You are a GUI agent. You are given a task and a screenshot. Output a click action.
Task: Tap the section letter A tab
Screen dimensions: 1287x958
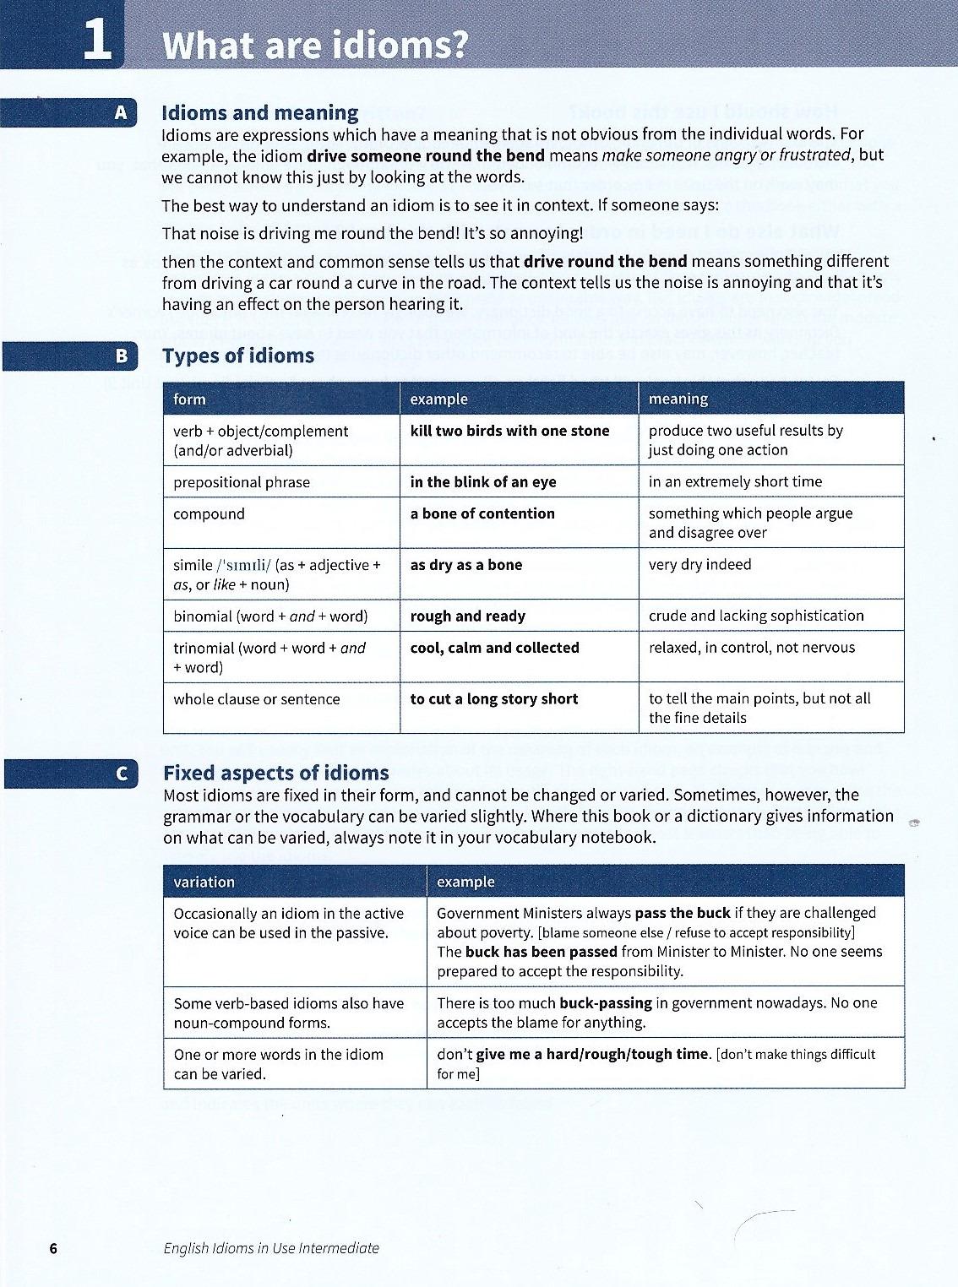pos(121,113)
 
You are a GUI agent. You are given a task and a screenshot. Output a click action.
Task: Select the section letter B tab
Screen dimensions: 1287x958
pos(122,356)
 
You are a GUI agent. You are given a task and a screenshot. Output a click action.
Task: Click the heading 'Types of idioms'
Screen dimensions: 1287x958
pos(238,356)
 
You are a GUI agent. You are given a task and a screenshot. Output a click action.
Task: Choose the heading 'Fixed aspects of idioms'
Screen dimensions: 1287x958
pos(275,773)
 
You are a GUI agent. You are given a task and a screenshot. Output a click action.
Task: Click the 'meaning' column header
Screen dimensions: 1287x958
pos(678,399)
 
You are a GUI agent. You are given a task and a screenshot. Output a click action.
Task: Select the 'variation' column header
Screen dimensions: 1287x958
pos(204,882)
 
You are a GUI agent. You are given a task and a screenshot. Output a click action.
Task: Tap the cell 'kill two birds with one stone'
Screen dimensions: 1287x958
pos(509,431)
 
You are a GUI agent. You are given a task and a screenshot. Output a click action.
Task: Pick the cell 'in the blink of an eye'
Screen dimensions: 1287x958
pos(482,482)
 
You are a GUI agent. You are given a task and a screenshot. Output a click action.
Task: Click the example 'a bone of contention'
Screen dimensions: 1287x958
pos(482,513)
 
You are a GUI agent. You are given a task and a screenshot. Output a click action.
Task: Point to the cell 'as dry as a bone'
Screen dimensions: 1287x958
pos(465,565)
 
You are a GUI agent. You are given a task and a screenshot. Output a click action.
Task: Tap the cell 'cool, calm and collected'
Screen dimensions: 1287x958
pos(494,648)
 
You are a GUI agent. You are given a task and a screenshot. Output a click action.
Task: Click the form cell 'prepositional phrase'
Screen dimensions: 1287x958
pos(242,482)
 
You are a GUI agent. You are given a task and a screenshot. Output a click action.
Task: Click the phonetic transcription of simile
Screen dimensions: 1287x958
pos(244,565)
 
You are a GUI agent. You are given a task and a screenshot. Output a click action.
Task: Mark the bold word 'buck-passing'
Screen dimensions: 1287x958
pos(606,1003)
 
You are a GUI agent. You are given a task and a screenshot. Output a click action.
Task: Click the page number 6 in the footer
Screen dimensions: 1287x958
pos(53,1248)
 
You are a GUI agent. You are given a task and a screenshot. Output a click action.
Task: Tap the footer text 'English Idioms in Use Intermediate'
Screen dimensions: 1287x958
pos(271,1248)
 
